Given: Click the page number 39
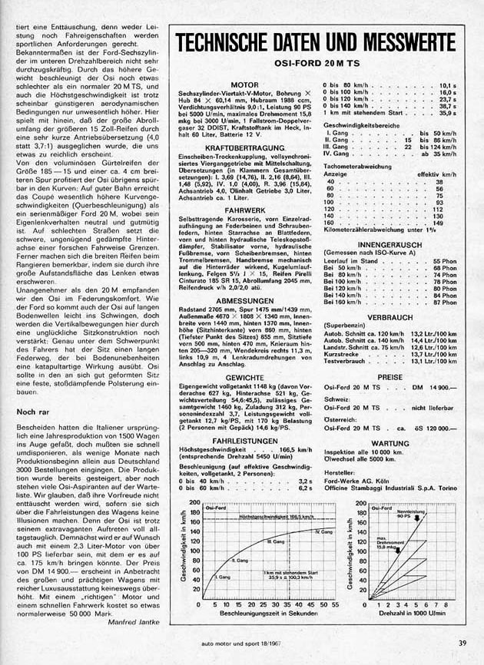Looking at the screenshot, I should tap(459, 642).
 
